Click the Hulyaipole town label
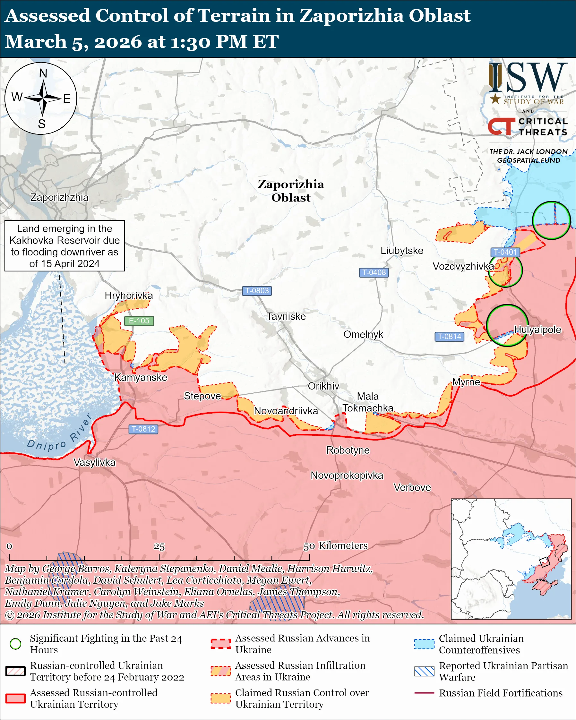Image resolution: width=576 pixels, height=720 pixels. (537, 330)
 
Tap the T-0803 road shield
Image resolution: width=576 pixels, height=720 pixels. (256, 291)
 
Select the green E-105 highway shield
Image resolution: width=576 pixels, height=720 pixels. (139, 321)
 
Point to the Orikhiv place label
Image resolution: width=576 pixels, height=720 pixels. (323, 386)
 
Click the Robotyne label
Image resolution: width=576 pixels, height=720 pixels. (348, 450)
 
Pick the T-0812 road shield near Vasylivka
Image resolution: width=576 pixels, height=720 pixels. (143, 429)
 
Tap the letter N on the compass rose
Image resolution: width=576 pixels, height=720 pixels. (43, 73)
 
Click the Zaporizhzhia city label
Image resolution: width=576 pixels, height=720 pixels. (59, 197)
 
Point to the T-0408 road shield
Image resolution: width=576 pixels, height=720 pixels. (374, 272)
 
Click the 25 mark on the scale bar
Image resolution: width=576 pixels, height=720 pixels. (159, 547)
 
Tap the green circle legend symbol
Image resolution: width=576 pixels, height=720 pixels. (15, 644)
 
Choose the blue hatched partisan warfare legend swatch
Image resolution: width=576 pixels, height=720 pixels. (424, 672)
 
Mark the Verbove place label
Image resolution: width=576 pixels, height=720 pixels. (412, 488)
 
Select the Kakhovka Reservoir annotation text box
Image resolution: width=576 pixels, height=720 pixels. (64, 246)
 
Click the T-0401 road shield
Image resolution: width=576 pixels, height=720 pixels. (505, 252)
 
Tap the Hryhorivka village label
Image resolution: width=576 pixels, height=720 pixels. (129, 296)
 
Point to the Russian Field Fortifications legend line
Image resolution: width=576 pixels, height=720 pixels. (424, 693)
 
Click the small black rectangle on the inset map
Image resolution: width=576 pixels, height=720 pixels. (545, 562)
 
